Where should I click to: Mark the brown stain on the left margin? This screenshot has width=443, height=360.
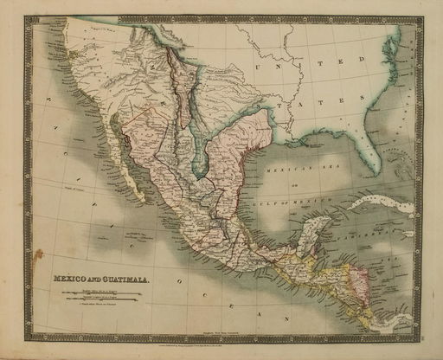(37, 255)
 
